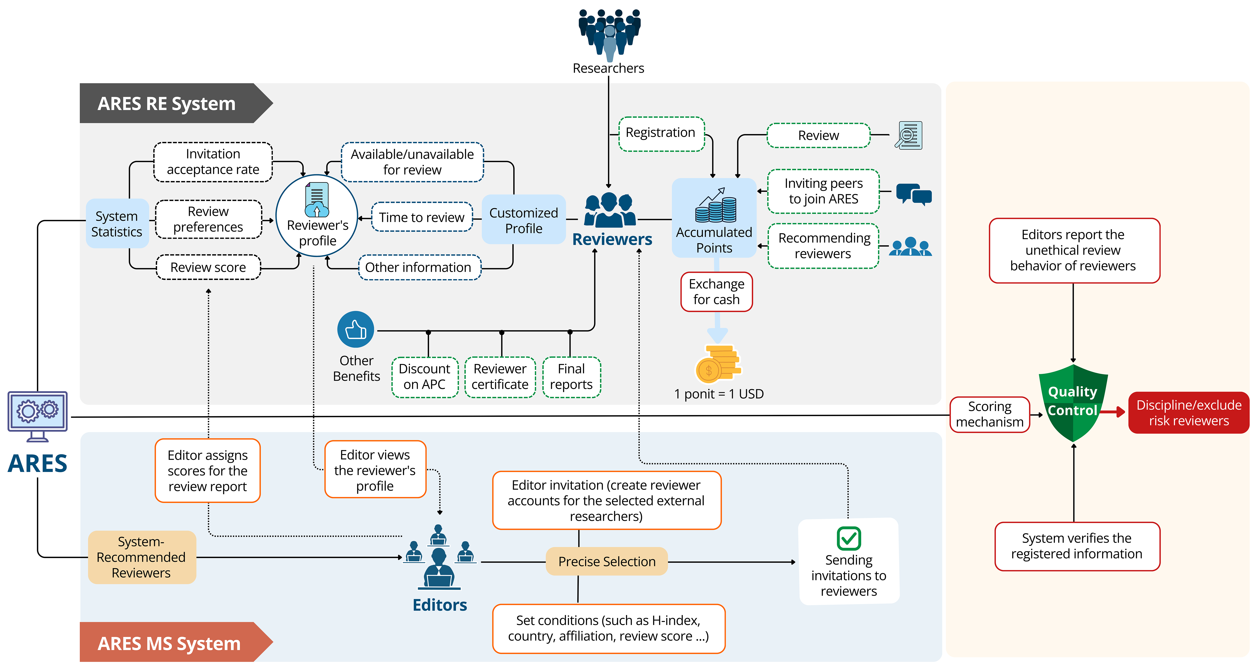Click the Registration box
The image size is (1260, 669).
[661, 133]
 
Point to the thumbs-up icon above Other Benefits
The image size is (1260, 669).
[356, 329]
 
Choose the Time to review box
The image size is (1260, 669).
[422, 217]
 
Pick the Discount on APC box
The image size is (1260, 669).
[425, 377]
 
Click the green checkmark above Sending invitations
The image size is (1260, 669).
[849, 538]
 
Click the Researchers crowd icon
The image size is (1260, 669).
[609, 34]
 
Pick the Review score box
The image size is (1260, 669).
[208, 267]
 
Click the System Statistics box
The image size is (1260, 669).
[117, 224]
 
